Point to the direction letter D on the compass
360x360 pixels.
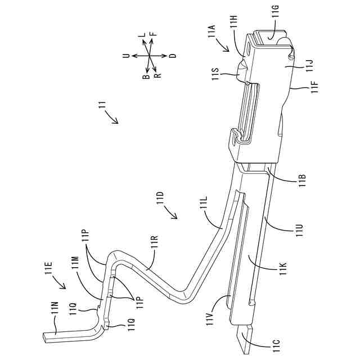tap(173, 56)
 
